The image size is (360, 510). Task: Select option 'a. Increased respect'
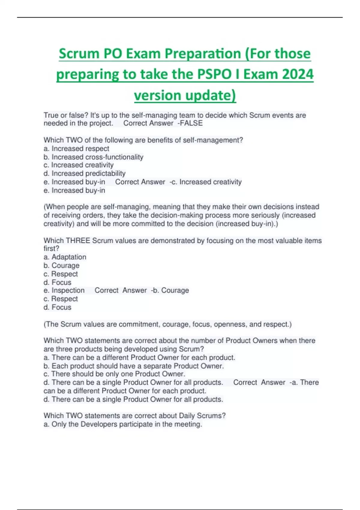(x=76, y=148)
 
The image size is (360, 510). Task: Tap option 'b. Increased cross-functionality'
(x=93, y=157)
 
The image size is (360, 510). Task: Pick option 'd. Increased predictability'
(x=84, y=173)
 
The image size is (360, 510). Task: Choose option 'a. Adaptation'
(x=65, y=257)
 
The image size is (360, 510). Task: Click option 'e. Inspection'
(x=64, y=290)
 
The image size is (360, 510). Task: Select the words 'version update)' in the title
(x=185, y=95)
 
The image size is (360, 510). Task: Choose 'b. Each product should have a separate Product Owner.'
(x=133, y=366)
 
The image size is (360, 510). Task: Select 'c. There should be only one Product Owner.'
(x=114, y=374)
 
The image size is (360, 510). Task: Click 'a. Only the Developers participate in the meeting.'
(x=123, y=424)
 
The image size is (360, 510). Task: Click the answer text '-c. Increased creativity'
(x=205, y=182)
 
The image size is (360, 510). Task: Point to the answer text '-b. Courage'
(x=170, y=290)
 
